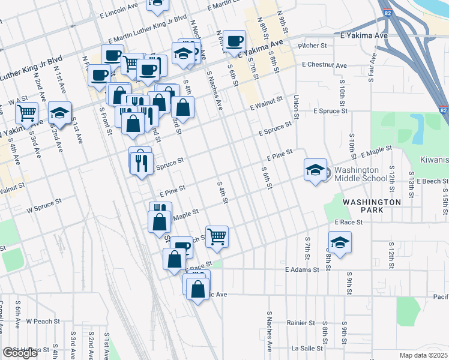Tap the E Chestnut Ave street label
tap(324, 65)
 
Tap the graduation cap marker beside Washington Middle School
tap(315, 170)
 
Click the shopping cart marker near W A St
tap(26, 112)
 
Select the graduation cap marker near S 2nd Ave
tap(59, 113)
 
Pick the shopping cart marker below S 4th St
tap(216, 236)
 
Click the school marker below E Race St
tap(340, 243)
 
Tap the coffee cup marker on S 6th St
tap(235, 41)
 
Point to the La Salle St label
tap(307, 348)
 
